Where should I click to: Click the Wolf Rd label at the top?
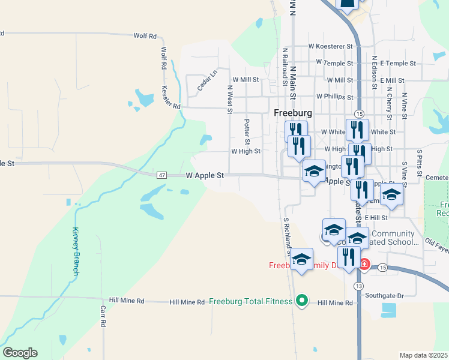[x=145, y=36]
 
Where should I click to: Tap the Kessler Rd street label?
[x=171, y=97]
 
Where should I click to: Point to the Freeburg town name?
[x=292, y=113]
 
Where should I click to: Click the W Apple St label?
[x=205, y=176]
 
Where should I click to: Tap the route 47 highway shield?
[x=162, y=175]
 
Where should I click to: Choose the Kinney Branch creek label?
[x=76, y=251]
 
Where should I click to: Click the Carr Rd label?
[x=103, y=316]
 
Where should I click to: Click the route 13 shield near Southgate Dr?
[x=358, y=284]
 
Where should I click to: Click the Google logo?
[x=20, y=353]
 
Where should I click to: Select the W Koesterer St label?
[x=330, y=46]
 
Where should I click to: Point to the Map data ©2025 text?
[x=423, y=355]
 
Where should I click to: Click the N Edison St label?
[x=374, y=73]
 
